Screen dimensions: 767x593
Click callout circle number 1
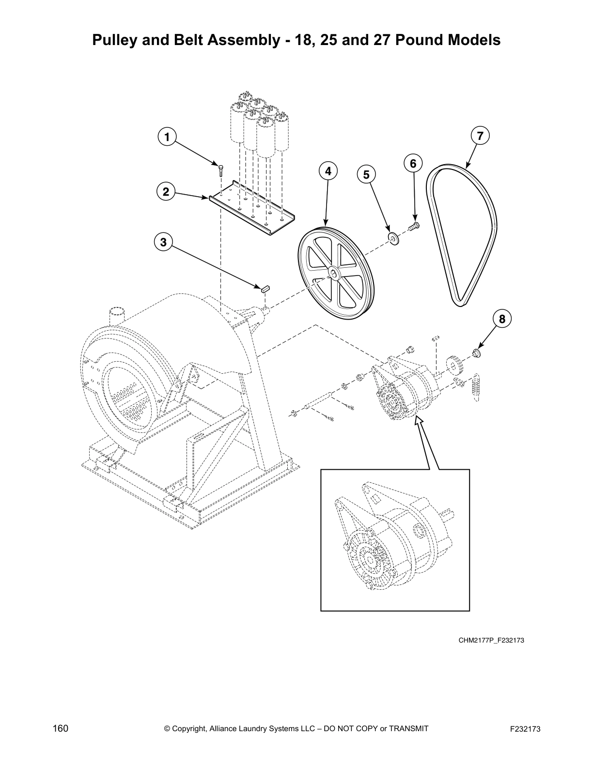click(x=167, y=138)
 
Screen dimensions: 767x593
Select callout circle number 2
click(x=166, y=192)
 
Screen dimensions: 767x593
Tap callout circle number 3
click(x=163, y=242)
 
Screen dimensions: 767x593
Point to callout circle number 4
click(x=328, y=171)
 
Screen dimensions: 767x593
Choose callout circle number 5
click(x=366, y=174)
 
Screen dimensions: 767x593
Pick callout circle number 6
click(x=413, y=164)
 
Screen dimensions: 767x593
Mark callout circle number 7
click(x=480, y=136)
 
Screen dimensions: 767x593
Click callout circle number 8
click(x=502, y=319)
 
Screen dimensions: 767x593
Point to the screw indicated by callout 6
click(x=414, y=226)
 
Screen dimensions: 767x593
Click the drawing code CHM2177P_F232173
click(x=491, y=641)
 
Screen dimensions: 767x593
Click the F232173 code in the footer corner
click(x=525, y=729)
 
